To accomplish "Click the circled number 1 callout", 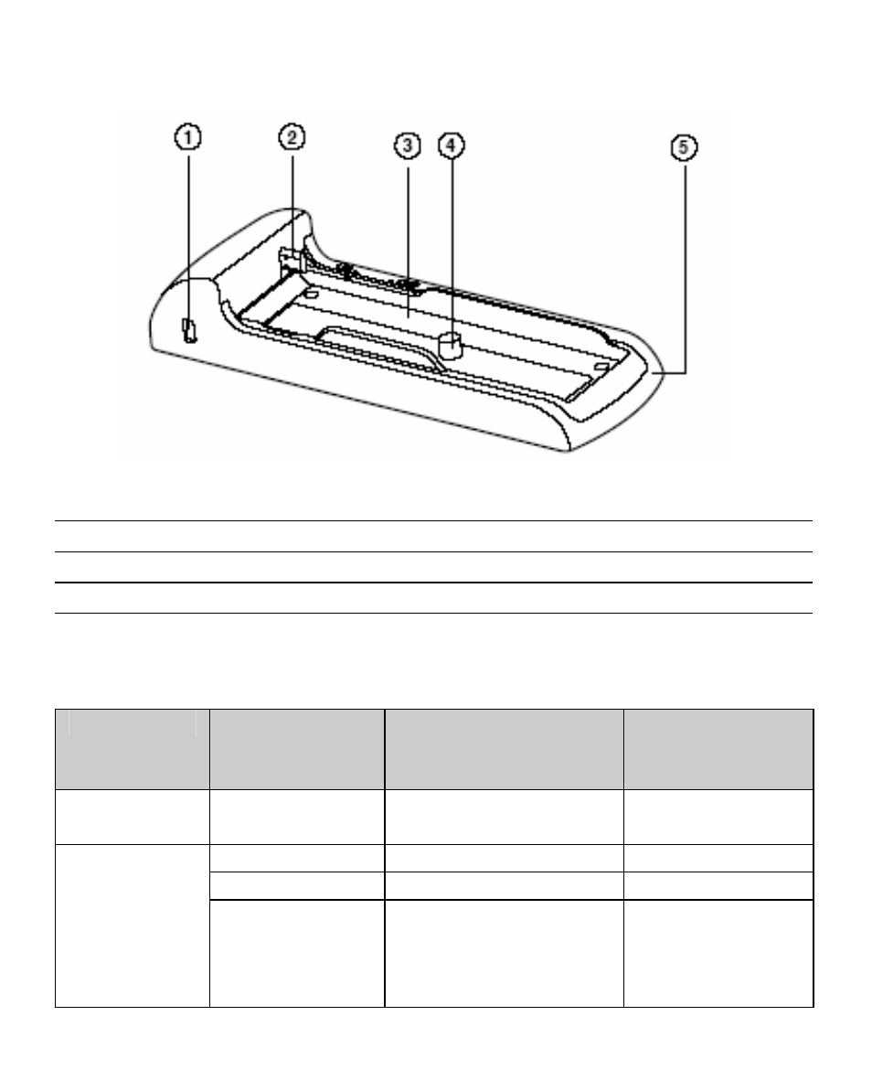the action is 187,137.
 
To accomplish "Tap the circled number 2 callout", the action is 292,137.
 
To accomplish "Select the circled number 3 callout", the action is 408,146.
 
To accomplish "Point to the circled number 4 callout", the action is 452,145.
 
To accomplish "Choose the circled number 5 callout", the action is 685,147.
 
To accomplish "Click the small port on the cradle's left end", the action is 188,330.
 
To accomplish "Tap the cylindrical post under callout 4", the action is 452,345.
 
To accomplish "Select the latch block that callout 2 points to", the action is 292,258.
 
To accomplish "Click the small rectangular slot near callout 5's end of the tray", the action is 601,365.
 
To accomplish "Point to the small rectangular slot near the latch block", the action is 311,294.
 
